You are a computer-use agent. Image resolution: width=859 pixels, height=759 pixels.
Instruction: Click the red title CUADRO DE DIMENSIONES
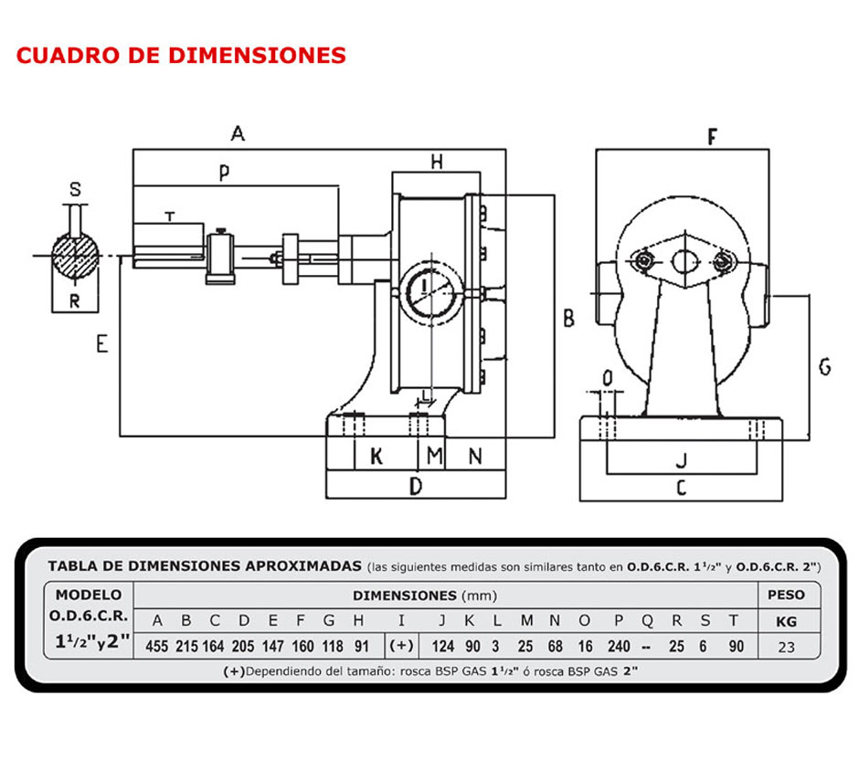pos(181,55)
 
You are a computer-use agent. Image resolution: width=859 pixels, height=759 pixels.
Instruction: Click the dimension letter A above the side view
pos(238,134)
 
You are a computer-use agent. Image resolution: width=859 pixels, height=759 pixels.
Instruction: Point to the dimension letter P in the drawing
pos(224,173)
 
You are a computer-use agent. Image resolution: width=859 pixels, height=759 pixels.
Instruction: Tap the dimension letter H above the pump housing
pos(437,162)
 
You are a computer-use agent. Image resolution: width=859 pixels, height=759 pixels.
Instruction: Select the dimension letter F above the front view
pos(712,137)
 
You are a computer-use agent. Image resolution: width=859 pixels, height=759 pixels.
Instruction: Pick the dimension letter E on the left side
pos(101,343)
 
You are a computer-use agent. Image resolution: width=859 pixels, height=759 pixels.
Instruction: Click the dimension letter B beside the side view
pos(567,319)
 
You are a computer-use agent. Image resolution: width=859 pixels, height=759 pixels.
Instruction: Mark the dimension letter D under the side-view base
pos(415,486)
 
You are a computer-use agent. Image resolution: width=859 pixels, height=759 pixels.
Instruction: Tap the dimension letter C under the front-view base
pos(680,488)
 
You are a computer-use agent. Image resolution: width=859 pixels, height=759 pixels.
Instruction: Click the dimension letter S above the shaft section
pos(76,190)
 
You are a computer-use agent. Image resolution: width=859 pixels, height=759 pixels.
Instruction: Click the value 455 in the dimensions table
pos(158,646)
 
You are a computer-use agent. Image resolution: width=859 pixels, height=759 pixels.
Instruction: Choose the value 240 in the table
pos(619,646)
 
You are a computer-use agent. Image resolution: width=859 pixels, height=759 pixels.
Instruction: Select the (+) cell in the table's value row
pos(401,646)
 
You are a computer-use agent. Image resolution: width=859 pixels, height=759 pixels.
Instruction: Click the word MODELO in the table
pos(89,595)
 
